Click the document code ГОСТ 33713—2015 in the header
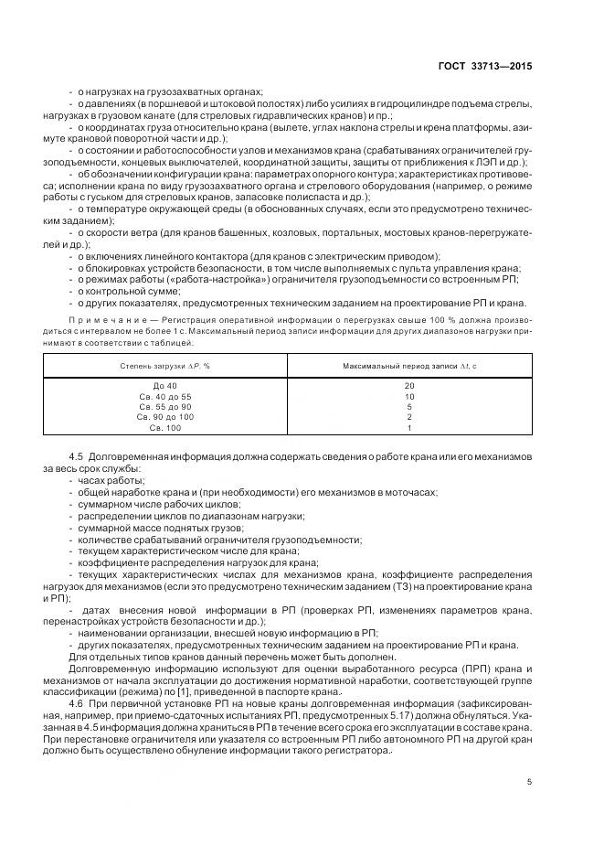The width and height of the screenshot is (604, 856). [486, 67]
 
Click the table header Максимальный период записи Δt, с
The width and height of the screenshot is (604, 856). [409, 366]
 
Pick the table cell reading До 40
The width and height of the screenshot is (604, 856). [165, 386]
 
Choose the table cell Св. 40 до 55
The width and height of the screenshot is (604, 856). [165, 396]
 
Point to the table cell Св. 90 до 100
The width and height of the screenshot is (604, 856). [165, 417]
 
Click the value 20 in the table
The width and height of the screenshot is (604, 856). [409, 386]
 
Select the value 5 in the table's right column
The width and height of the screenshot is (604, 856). [409, 407]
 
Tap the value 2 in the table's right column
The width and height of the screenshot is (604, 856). [409, 417]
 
